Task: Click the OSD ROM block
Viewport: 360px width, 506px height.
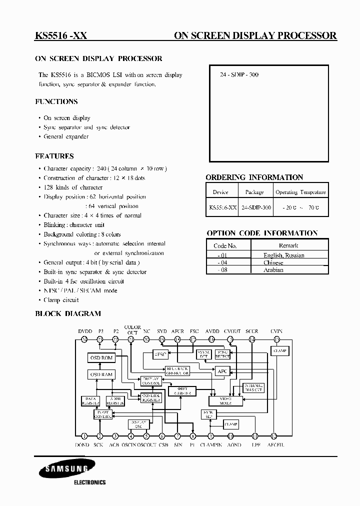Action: coord(101,358)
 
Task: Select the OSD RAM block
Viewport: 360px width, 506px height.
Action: coord(101,374)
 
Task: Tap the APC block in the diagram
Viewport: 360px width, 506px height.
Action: coord(221,371)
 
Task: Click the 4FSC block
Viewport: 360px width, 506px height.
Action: coord(159,354)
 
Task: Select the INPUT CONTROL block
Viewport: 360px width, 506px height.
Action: coord(102,414)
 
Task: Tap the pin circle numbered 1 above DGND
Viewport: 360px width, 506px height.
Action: coord(84,436)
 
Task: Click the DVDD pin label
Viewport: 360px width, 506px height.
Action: coord(84,330)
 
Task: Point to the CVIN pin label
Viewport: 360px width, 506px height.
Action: coord(276,330)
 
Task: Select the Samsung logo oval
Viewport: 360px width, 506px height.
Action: coord(61,469)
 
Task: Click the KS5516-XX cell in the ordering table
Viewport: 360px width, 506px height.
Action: coord(222,207)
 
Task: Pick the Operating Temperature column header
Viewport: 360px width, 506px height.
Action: coord(300,192)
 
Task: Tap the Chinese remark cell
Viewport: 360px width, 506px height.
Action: coord(273,262)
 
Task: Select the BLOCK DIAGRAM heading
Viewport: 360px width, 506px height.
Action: coord(67,313)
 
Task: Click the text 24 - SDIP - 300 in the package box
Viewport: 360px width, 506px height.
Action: coord(239,75)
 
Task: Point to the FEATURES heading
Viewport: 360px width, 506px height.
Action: coord(54,156)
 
